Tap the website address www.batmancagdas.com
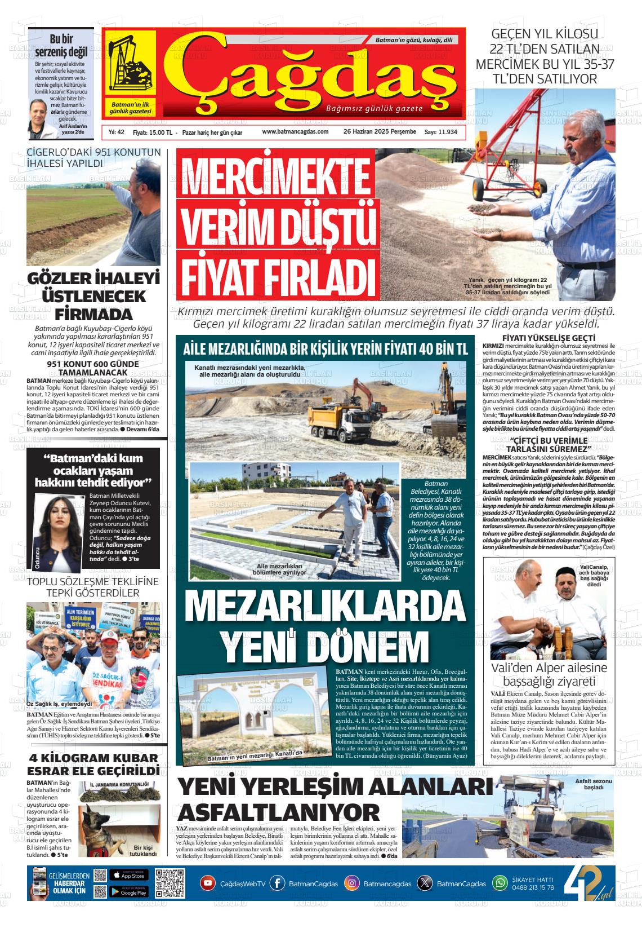tap(295, 131)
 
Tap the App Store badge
tap(128, 876)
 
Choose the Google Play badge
tap(128, 892)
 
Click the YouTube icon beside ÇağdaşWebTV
tap(208, 883)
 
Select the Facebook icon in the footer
tap(277, 883)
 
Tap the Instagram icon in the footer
tap(351, 883)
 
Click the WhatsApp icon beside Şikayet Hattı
tap(500, 883)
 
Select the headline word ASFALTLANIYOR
tap(279, 812)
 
